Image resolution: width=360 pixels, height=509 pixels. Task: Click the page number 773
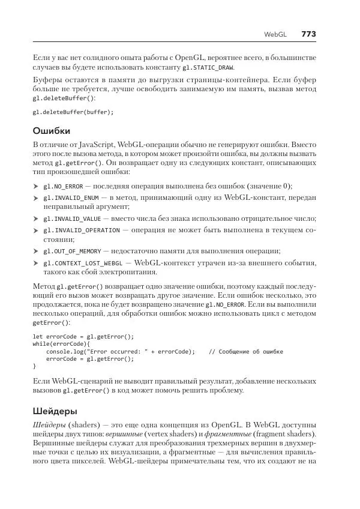(308, 35)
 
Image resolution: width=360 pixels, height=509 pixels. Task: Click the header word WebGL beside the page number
(276, 35)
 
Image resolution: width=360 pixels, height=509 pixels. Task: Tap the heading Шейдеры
(55, 411)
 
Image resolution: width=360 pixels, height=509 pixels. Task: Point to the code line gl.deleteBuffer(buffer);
(73, 112)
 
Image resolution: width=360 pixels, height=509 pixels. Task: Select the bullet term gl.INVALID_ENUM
(70, 197)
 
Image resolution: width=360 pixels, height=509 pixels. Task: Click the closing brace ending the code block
(34, 366)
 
